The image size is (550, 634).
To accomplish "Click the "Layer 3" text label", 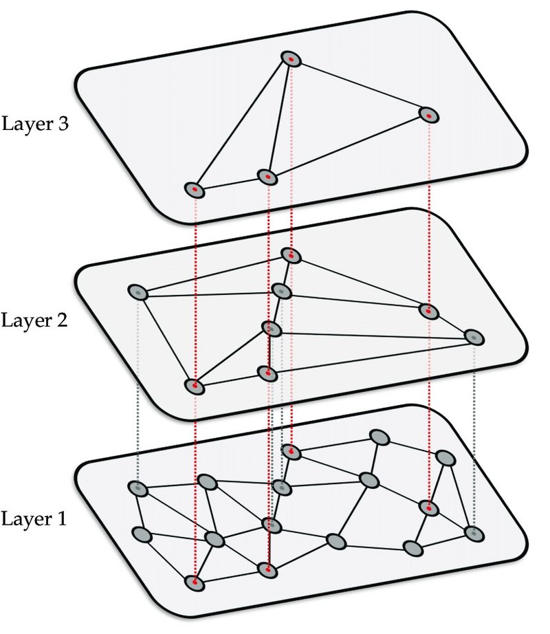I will click(34, 125).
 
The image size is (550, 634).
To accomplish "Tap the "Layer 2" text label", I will click(34, 320).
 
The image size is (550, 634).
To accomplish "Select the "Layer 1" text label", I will click(34, 518).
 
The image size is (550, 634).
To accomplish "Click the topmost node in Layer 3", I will click(291, 59).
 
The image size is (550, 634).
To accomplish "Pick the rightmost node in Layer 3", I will click(428, 115).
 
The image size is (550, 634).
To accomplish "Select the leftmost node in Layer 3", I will click(195, 190).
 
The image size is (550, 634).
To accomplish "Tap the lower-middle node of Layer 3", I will click(267, 177).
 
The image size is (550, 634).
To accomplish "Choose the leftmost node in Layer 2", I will click(138, 292).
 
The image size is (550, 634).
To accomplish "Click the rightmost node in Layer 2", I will click(474, 337).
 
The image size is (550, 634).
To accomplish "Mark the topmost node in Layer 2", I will click(291, 255).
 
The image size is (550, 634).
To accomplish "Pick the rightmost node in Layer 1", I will click(473, 533).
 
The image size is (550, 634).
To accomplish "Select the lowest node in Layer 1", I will click(195, 582).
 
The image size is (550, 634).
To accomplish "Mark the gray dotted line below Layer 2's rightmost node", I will click(474, 433).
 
